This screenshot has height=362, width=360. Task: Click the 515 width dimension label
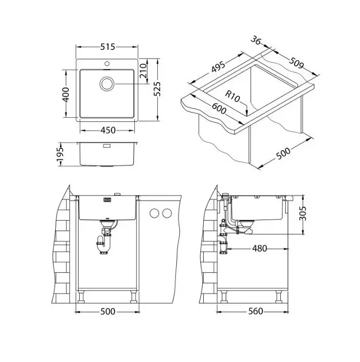[x=107, y=47]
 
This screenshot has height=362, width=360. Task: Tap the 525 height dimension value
[x=157, y=89]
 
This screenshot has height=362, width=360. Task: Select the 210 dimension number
[x=144, y=71]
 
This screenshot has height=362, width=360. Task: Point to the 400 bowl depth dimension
[x=66, y=95]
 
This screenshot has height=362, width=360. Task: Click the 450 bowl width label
[x=108, y=130]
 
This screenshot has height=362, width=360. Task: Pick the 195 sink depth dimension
[x=60, y=154]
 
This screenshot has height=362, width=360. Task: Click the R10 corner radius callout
[x=233, y=97]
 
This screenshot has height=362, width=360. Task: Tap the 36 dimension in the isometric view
[x=256, y=40]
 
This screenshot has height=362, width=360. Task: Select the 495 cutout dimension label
[x=218, y=67]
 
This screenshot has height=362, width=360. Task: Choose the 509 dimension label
[x=296, y=63]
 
